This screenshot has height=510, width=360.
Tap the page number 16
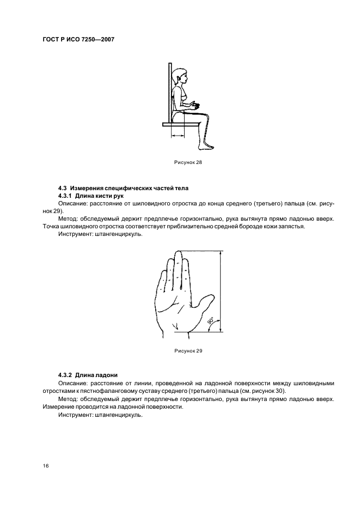[x=46, y=466]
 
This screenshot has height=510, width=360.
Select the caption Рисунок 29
[x=188, y=350]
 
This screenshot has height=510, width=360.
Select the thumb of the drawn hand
[x=205, y=300]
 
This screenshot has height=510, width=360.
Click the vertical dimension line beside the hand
[x=221, y=292]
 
